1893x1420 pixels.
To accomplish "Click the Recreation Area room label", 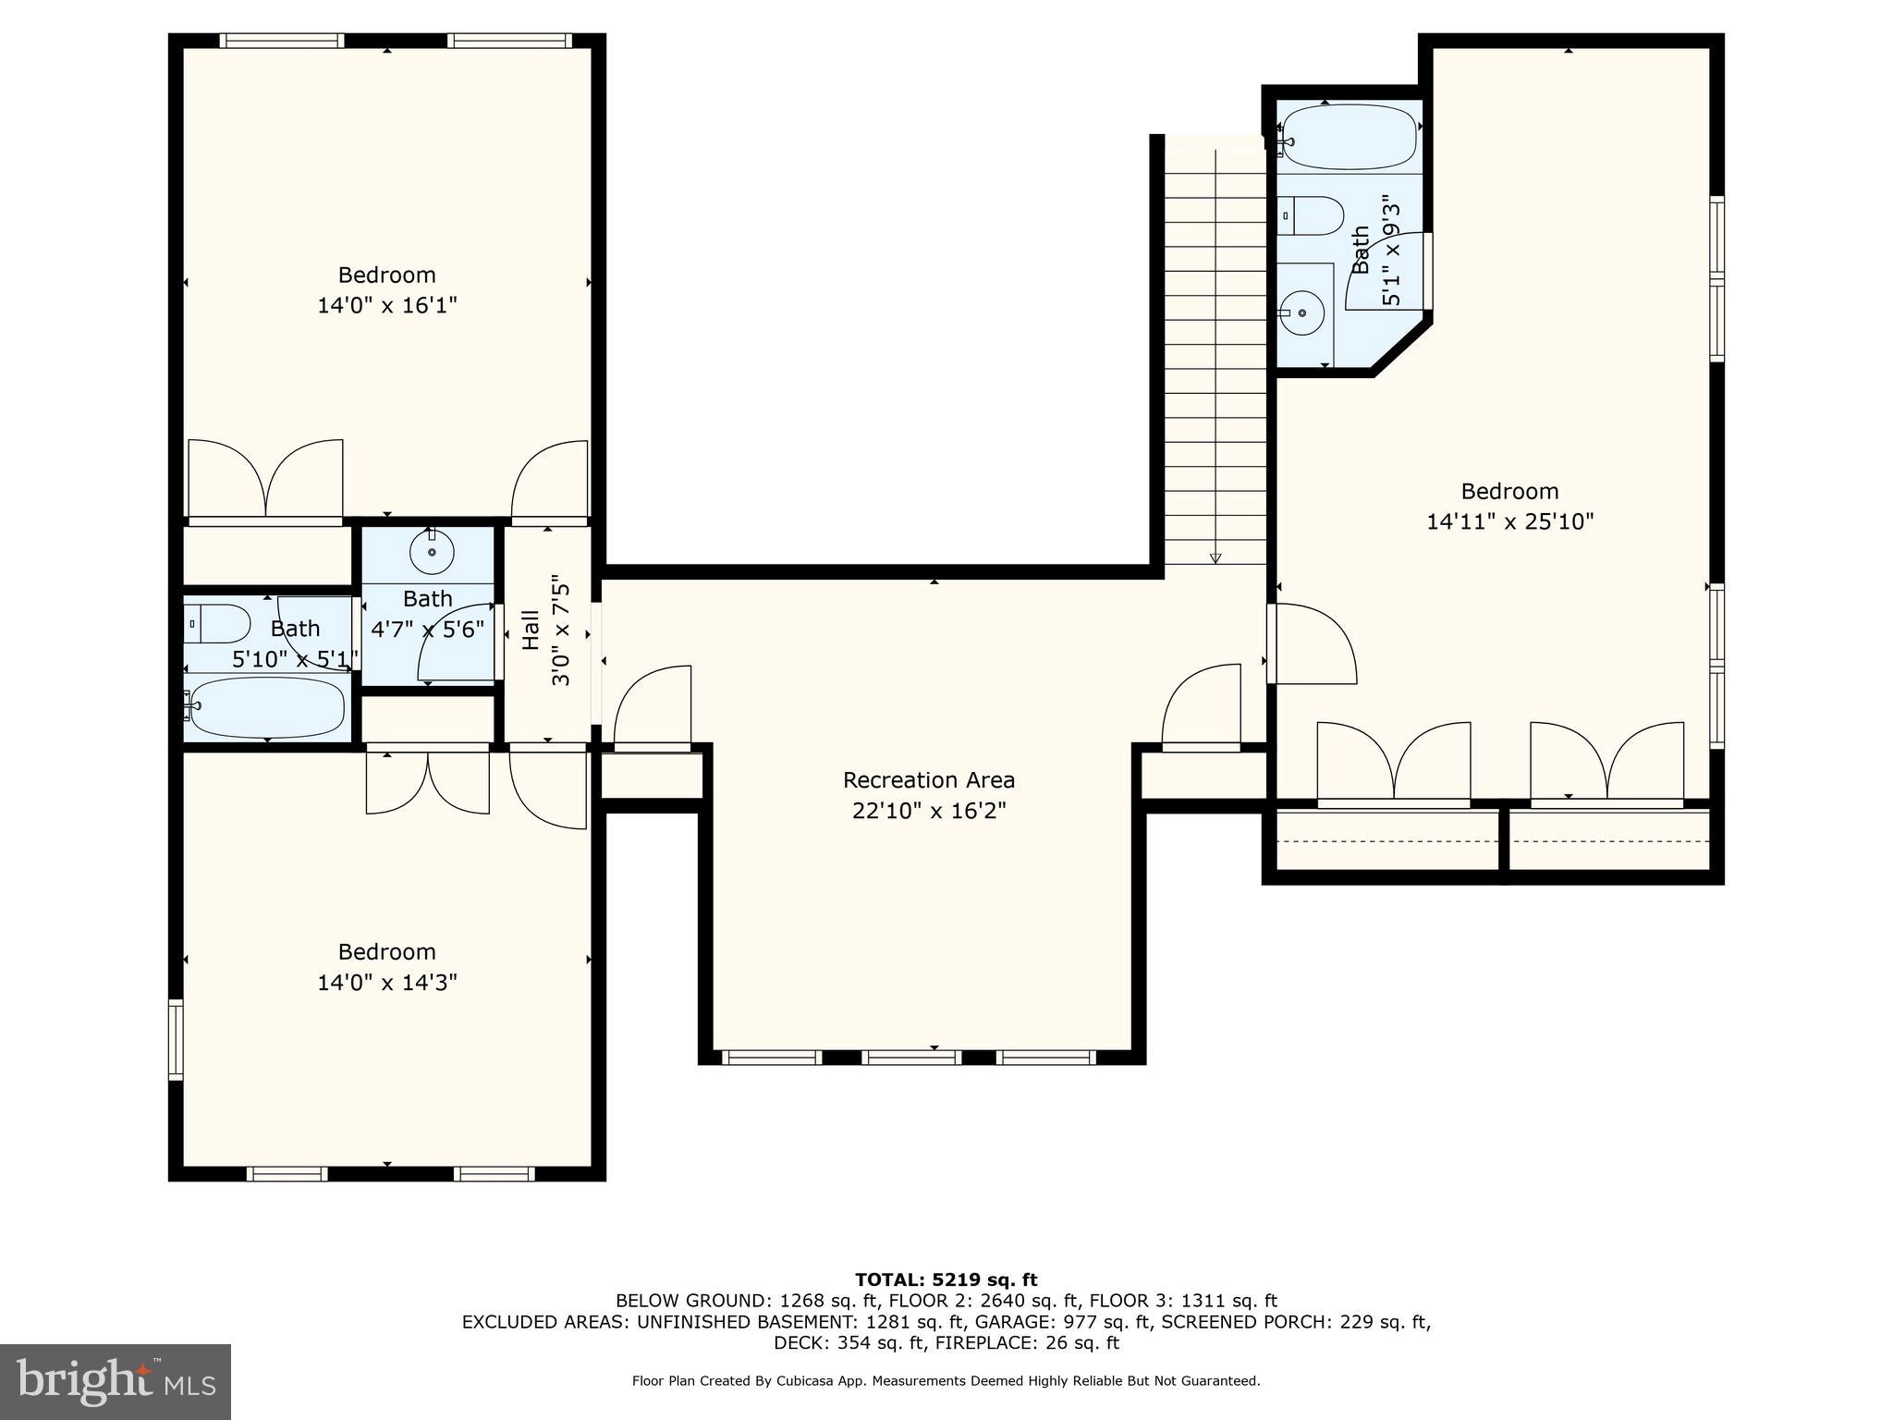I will tap(928, 780).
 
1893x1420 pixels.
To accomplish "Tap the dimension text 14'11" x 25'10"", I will tap(1509, 522).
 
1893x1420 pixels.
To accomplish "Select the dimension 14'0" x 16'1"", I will tap(387, 306).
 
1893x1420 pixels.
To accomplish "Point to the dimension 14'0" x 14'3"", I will tap(387, 983).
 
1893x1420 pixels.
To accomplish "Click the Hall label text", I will tap(531, 630).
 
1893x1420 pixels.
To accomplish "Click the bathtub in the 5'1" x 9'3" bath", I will tap(1350, 136).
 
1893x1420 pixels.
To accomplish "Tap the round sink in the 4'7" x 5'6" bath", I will tap(432, 554).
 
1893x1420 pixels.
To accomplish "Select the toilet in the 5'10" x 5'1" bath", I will tap(217, 624).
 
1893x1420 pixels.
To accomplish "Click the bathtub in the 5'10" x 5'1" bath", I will tap(266, 708).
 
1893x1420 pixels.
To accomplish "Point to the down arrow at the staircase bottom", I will tap(1215, 557).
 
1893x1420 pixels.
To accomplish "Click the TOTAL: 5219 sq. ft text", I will tap(946, 1280).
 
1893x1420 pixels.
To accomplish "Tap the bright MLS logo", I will tap(115, 1381).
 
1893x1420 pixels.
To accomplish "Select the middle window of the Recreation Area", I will tap(911, 1058).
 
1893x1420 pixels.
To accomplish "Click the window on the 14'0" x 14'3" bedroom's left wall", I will tap(176, 1039).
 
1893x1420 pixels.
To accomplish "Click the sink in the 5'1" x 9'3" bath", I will tap(1303, 312).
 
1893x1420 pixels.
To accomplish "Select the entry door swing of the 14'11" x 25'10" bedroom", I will tap(1313, 644).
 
